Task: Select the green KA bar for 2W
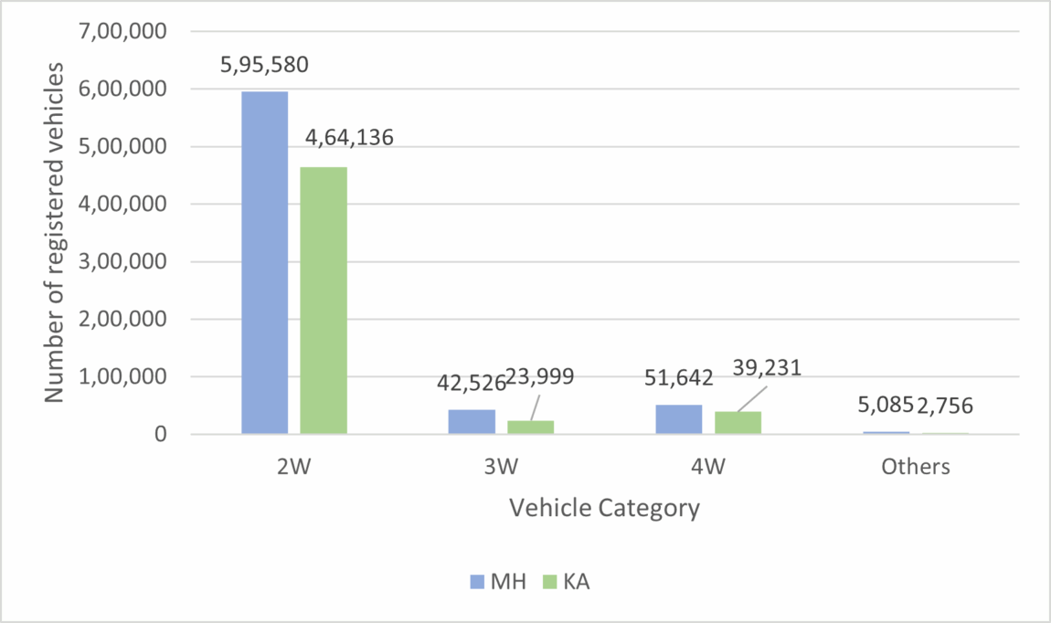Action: [324, 301]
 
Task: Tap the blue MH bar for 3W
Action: [472, 421]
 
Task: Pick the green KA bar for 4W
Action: [738, 423]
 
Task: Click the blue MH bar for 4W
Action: [679, 419]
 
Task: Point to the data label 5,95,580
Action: [264, 66]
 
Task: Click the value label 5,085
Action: [878, 406]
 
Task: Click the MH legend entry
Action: [500, 581]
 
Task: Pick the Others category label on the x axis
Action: [916, 467]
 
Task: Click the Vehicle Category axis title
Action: [604, 508]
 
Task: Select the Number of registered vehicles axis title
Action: [55, 233]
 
